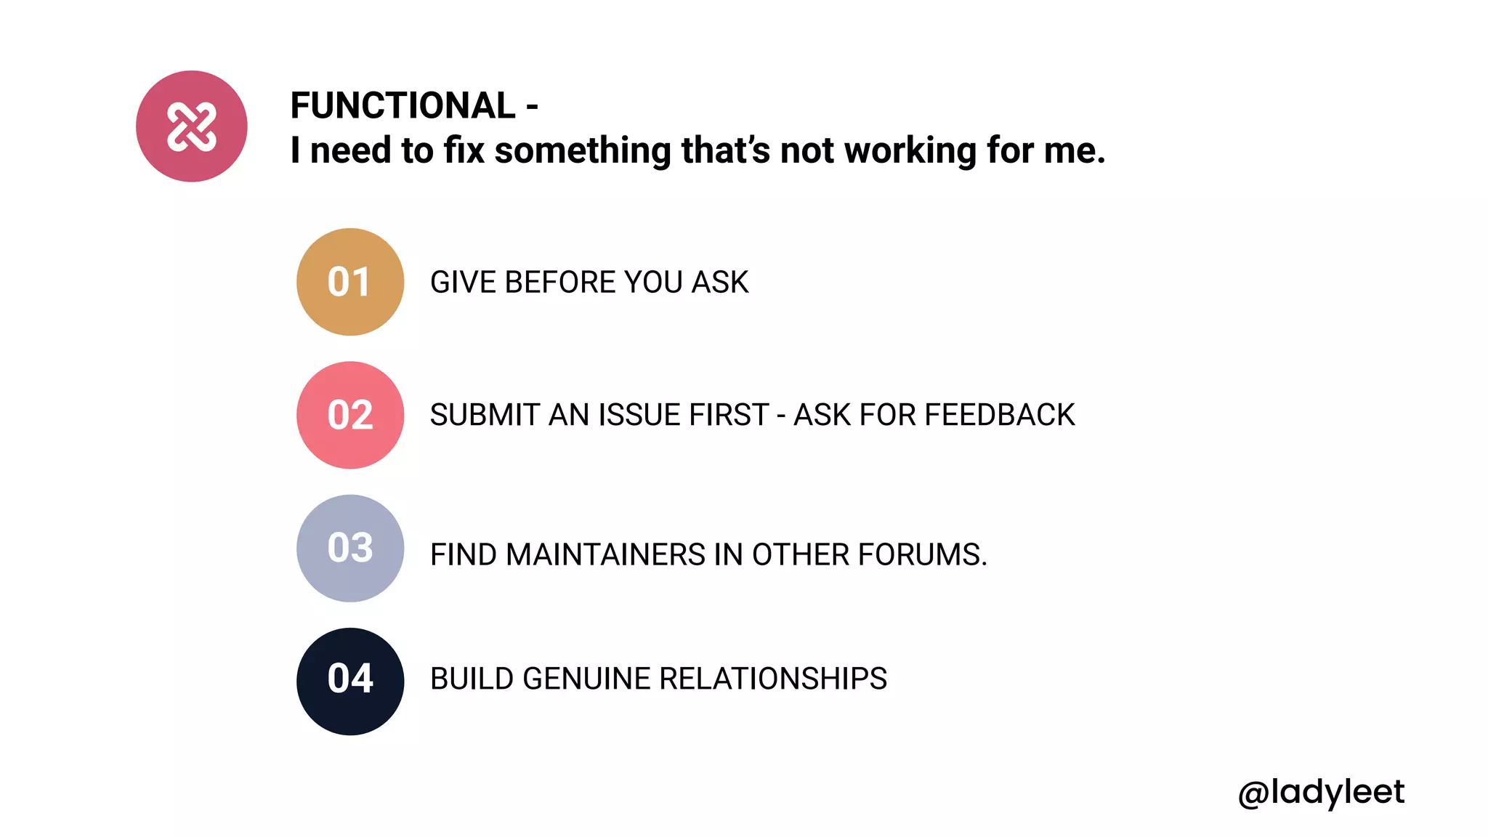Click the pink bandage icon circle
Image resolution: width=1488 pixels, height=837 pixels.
tap(192, 126)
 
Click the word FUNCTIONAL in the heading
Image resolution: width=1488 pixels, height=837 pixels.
tap(403, 106)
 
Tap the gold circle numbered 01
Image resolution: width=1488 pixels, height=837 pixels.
tap(350, 282)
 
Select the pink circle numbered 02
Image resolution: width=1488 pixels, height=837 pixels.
tap(350, 415)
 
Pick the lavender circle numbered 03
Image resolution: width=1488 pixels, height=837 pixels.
tap(350, 548)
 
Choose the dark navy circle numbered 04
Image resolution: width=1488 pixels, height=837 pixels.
tap(350, 681)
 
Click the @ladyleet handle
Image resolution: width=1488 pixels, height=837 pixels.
tap(1321, 792)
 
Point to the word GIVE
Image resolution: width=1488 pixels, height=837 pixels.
tap(463, 283)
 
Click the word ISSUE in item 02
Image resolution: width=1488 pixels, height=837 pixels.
tap(640, 416)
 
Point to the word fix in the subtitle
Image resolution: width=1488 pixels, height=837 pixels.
tap(464, 151)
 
